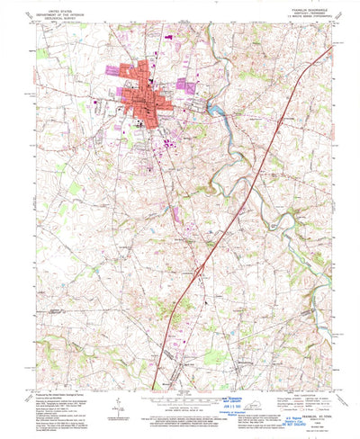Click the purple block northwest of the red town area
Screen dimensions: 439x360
[117, 69]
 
